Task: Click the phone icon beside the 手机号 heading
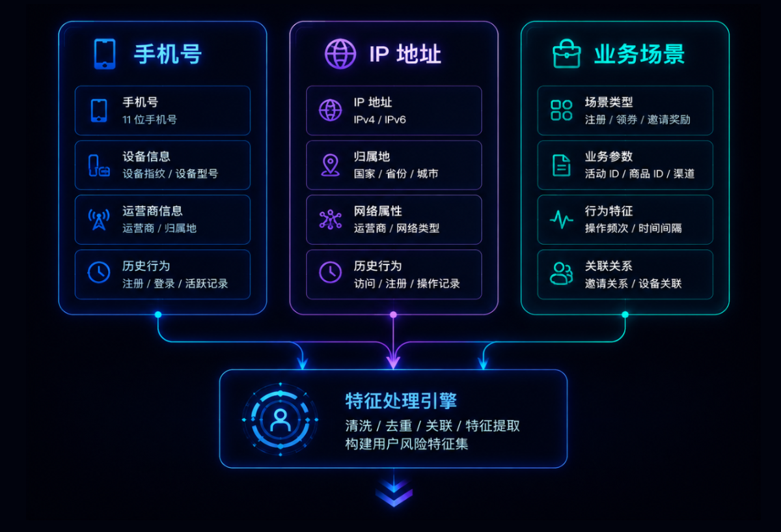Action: click(105, 54)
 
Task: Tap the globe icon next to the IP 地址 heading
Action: click(340, 54)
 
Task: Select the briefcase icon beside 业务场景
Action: click(567, 53)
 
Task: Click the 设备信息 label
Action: click(146, 156)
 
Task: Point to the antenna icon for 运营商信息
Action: click(99, 219)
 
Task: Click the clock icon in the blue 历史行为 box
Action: click(99, 272)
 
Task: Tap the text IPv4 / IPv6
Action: click(379, 120)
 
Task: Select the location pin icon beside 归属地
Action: click(331, 165)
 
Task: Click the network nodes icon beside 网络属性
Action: click(331, 219)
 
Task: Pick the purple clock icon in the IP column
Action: click(330, 272)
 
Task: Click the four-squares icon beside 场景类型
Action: click(561, 110)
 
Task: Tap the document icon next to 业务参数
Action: click(561, 165)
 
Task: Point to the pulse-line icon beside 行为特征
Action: click(561, 219)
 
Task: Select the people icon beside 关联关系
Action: click(561, 273)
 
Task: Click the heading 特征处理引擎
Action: click(401, 400)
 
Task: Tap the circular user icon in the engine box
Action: click(281, 419)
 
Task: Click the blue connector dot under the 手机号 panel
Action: click(158, 315)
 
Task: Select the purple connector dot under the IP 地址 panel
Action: click(393, 315)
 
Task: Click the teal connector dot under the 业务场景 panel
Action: click(625, 315)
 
